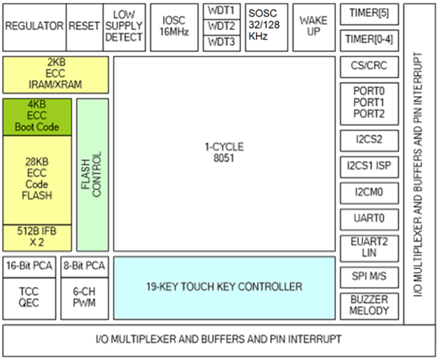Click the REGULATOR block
[34, 26]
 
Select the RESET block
[83, 26]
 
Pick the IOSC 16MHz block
[174, 26]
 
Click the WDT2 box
[222, 26]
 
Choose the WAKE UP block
[314, 26]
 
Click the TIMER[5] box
[367, 13]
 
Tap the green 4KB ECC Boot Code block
[38, 117]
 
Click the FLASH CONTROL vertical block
[92, 174]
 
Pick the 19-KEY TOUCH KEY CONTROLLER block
[224, 287]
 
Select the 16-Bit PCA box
[29, 266]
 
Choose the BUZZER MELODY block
[367, 305]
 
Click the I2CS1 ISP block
[367, 166]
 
